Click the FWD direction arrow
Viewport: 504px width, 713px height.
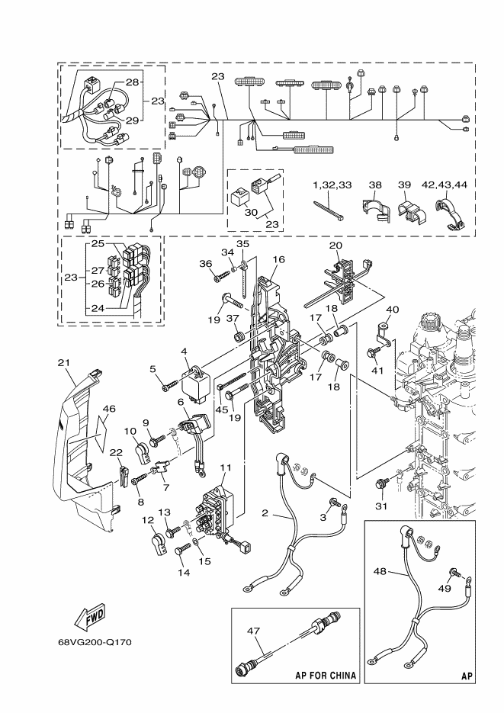tap(89, 618)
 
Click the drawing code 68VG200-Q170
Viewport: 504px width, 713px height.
tap(95, 643)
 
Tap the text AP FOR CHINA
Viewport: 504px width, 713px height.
tap(326, 675)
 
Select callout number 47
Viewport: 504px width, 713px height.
tap(254, 631)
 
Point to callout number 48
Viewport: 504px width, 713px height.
tap(380, 570)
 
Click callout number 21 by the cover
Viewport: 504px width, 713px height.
tap(64, 362)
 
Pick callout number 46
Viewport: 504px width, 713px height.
tap(109, 408)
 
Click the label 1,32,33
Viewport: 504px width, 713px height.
tap(332, 185)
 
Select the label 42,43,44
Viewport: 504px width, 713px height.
tap(444, 185)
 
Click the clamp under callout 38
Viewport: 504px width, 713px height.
tap(377, 209)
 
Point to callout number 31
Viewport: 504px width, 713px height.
tap(381, 506)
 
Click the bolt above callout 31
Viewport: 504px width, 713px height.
tap(380, 483)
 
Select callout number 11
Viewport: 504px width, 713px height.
tap(226, 467)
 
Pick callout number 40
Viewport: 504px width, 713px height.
tap(392, 310)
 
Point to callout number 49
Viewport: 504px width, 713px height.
tap(445, 588)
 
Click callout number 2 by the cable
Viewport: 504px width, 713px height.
tap(265, 513)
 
